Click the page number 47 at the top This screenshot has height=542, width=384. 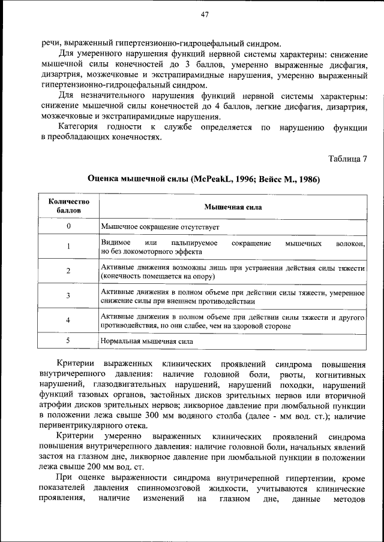[x=204, y=15]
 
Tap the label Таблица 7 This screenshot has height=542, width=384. [x=348, y=159]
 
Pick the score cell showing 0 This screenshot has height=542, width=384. [x=68, y=226]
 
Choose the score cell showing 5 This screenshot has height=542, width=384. [x=68, y=340]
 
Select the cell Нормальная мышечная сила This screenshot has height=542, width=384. [x=147, y=341]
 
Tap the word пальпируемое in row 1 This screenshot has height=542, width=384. [x=194, y=241]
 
